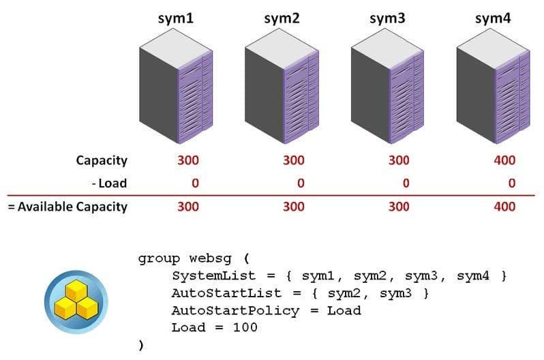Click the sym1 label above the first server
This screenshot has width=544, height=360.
(176, 18)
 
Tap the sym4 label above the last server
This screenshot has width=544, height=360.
(493, 18)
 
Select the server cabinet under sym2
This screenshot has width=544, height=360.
(282, 86)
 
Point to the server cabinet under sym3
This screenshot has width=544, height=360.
(387, 86)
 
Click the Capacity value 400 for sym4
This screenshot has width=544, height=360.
(504, 160)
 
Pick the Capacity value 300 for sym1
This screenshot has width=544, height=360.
(188, 160)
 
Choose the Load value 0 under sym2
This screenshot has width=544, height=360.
(301, 183)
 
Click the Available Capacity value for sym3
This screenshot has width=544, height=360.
(399, 207)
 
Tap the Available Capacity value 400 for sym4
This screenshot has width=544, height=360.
(504, 207)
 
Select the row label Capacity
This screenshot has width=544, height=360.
(102, 161)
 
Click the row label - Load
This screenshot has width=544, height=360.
(109, 183)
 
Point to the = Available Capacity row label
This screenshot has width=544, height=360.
(67, 207)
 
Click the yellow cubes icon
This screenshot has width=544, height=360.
(76, 301)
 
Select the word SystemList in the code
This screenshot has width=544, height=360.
(214, 276)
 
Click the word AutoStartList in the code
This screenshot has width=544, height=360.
(226, 293)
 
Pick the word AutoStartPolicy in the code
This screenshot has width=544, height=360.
(235, 311)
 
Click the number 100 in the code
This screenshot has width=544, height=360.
(245, 327)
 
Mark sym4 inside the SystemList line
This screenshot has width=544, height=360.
(473, 276)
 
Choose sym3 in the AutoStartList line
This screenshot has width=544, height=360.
(395, 294)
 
